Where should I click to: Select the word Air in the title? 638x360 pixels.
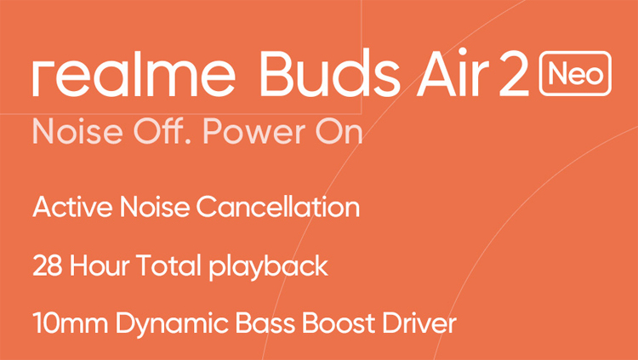(x=453, y=73)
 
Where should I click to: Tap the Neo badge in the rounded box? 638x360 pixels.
(x=575, y=74)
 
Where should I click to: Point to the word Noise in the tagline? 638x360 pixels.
(x=77, y=132)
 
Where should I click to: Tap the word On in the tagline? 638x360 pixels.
(x=339, y=132)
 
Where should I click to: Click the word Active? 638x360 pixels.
(x=72, y=207)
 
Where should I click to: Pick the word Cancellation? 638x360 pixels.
(x=278, y=207)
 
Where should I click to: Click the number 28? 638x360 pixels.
(x=47, y=266)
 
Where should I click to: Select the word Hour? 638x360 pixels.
(x=100, y=266)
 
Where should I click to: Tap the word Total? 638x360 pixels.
(x=168, y=266)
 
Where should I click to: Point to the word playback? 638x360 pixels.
(x=268, y=267)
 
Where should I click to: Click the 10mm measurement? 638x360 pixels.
(x=70, y=324)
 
